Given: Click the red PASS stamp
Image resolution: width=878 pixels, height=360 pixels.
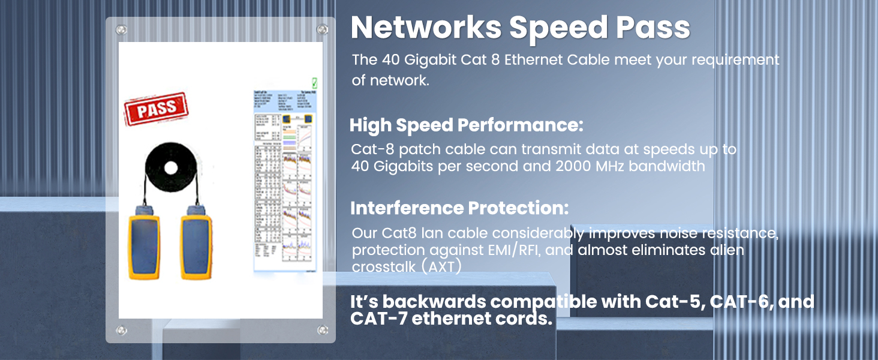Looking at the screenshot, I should [x=156, y=111].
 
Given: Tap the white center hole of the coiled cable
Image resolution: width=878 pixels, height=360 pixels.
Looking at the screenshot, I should [x=171, y=167].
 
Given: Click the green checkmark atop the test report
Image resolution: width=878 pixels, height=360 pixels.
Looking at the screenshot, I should [x=314, y=83].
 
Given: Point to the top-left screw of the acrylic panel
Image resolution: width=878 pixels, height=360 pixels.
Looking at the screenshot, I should [x=122, y=29].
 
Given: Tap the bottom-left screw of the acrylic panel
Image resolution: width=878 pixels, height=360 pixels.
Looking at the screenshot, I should [x=122, y=330].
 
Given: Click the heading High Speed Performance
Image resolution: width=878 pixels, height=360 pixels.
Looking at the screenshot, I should [x=466, y=126].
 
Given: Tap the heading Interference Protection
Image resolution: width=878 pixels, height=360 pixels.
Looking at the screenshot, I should [x=459, y=208].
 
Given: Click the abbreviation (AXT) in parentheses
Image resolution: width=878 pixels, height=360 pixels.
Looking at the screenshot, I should [x=441, y=267].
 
